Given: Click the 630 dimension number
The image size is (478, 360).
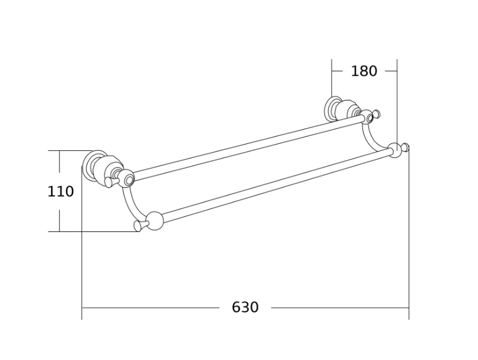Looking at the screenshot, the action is pyautogui.click(x=245, y=307).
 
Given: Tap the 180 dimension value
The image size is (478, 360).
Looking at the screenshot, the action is pyautogui.click(x=364, y=71).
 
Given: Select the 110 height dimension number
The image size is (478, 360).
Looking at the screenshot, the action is pyautogui.click(x=60, y=191).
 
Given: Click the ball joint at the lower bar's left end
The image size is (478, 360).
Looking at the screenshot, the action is pyautogui.click(x=155, y=220).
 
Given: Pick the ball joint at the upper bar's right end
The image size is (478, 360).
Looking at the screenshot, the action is pyautogui.click(x=368, y=116).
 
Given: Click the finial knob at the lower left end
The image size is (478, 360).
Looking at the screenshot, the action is pyautogui.click(x=140, y=226).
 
